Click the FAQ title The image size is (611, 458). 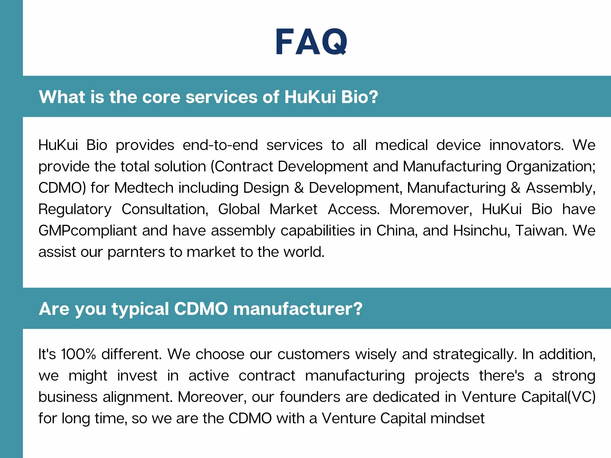tap(311, 42)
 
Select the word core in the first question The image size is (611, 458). tap(161, 97)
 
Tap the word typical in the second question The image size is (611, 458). tap(140, 309)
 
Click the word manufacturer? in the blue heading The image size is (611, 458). tap(298, 309)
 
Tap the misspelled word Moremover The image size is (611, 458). tap(431, 210)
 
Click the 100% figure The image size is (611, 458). tap(79, 354)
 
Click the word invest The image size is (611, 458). tap(137, 376)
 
